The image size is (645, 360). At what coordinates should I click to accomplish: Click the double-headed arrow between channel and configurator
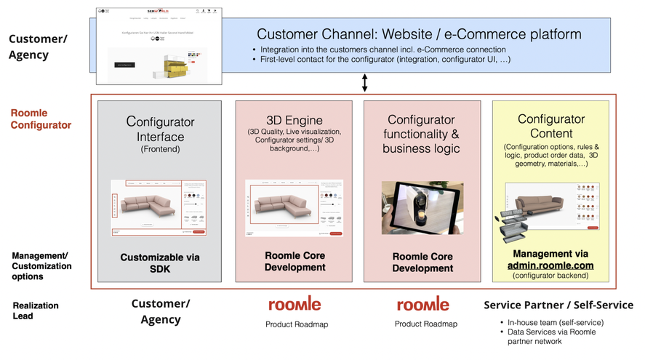coord(364,82)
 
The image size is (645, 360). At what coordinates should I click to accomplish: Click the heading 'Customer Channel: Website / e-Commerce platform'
coord(419,34)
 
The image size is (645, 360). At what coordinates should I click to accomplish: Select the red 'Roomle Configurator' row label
coord(41,119)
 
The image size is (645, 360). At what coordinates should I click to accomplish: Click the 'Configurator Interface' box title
coord(159,128)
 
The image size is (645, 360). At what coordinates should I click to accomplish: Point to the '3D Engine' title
coord(295,119)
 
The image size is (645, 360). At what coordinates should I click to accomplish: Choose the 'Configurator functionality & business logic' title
coord(421,134)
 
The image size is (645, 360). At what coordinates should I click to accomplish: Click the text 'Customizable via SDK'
coord(159,263)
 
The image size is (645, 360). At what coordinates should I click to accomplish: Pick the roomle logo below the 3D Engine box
coord(294,304)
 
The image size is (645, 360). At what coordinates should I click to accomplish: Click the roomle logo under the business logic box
coord(422,304)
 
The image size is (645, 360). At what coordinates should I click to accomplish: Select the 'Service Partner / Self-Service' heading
coord(558,305)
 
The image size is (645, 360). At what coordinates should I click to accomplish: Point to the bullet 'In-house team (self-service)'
coord(558,322)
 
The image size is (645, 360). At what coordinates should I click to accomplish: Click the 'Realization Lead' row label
coord(36,311)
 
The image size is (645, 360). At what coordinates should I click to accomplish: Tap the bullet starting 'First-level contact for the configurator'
coord(385,59)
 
